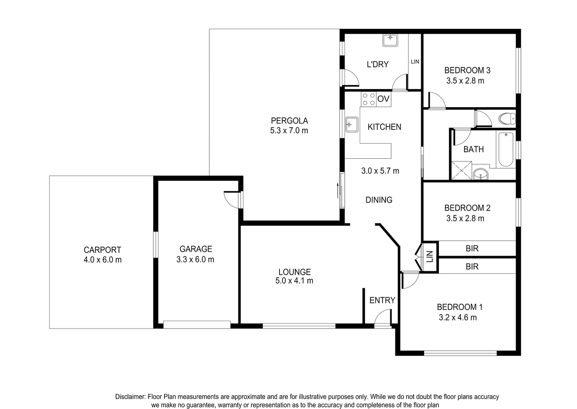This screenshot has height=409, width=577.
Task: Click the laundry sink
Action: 390,40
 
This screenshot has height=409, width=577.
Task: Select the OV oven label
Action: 383,99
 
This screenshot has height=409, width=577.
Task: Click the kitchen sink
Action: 352,124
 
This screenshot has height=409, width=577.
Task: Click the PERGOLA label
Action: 289,121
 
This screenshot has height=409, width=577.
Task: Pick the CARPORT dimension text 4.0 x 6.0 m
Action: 103,260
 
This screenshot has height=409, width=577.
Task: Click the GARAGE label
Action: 195,249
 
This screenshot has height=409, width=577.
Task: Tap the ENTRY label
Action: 382,300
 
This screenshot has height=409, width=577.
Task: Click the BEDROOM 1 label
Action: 459,307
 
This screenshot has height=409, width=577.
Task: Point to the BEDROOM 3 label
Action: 467,70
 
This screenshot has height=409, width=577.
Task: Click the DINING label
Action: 379,200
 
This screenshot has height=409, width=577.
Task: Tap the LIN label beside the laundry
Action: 415,61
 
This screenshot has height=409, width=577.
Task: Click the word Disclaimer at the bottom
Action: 130,397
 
